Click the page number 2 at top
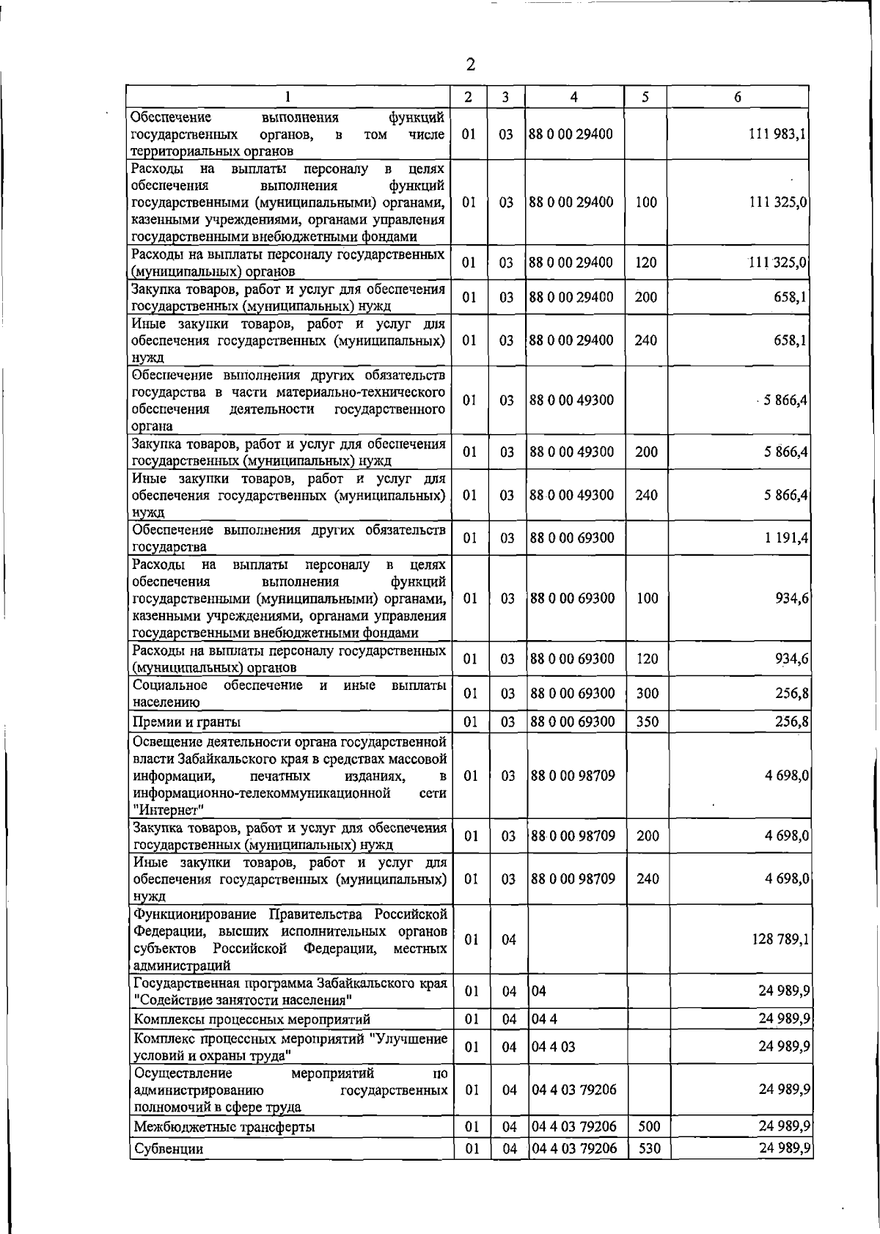coord(470,65)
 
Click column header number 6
coord(737,97)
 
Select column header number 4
coord(573,97)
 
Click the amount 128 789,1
coord(780,939)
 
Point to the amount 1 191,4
coord(787,537)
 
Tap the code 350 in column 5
coord(648,721)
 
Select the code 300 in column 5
coord(648,693)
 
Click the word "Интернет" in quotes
coord(168,810)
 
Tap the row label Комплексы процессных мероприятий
coord(252,1019)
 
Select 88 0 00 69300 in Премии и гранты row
coord(572,721)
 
